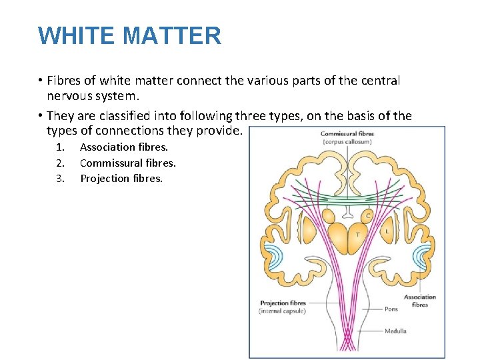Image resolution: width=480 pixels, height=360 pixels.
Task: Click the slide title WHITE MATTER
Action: [x=129, y=35]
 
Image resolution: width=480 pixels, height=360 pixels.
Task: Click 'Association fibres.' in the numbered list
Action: [x=124, y=147]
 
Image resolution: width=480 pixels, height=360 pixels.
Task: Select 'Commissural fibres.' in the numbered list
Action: [x=128, y=163]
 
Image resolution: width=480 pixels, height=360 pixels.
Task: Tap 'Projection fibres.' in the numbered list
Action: [x=121, y=178]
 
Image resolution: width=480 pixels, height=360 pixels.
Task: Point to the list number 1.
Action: [x=60, y=147]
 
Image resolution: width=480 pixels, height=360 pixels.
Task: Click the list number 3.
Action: [x=60, y=178]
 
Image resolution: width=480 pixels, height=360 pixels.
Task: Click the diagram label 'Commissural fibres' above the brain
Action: [x=347, y=134]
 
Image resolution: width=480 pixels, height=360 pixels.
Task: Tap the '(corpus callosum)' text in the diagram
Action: [x=347, y=142]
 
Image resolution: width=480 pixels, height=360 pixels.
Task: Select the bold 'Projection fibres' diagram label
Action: [x=283, y=303]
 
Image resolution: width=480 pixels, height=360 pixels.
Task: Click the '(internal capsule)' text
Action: [x=283, y=311]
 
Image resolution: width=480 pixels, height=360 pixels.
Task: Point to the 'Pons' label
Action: [x=391, y=309]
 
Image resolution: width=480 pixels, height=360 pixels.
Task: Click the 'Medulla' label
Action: [x=395, y=331]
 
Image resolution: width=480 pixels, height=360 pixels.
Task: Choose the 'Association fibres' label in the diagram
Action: [x=420, y=301]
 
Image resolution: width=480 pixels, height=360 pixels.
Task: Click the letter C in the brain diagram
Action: [x=367, y=215]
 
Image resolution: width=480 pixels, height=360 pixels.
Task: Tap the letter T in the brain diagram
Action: [x=357, y=234]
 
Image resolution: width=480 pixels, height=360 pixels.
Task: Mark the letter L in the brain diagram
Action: [x=387, y=231]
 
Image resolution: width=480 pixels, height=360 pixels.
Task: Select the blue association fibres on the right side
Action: [x=421, y=257]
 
